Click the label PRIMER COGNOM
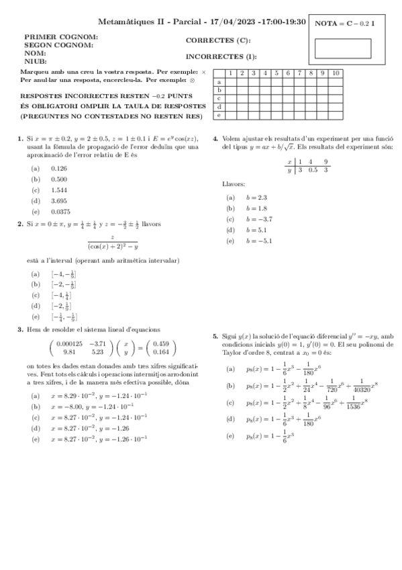pyautogui.click(x=61, y=38)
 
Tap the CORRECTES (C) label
pyautogui.click(x=218, y=40)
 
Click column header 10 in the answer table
pyautogui.click(x=336, y=73)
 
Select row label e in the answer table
pyautogui.click(x=219, y=115)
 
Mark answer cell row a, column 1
pyautogui.click(x=230, y=81)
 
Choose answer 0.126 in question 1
pyautogui.click(x=59, y=168)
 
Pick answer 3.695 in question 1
pyautogui.click(x=59, y=200)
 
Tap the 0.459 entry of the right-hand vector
pyautogui.click(x=160, y=343)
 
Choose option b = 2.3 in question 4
pyautogui.click(x=256, y=197)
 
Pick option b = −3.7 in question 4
pyautogui.click(x=258, y=218)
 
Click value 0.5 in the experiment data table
pyautogui.click(x=313, y=170)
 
